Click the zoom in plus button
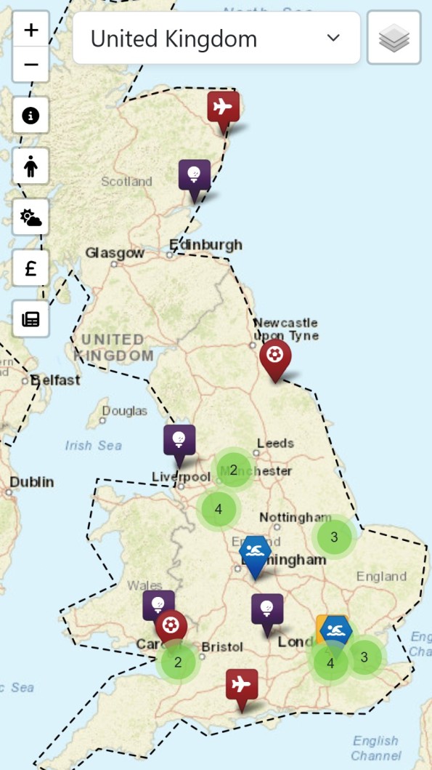coord(30,30)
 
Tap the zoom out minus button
coord(30,65)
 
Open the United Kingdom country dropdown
coord(216,38)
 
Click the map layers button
coord(394,38)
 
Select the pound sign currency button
coord(30,268)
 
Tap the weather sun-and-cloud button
coord(30,217)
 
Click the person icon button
coord(30,167)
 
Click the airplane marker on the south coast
coord(241,686)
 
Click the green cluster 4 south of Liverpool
coord(219,509)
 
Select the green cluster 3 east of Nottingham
coord(334,537)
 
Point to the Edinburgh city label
coord(205,244)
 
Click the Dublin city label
coord(32,482)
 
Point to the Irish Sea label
coord(93,445)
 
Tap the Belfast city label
coord(54,380)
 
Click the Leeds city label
coord(275,443)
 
